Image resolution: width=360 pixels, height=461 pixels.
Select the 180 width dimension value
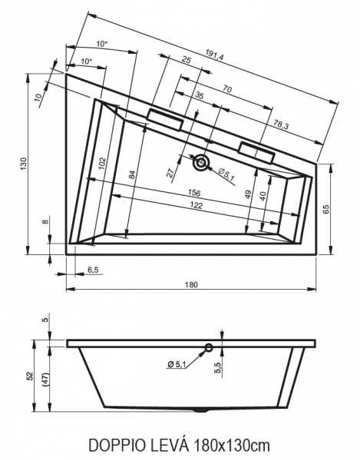click(x=191, y=284)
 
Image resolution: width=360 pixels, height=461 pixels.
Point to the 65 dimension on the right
click(x=326, y=209)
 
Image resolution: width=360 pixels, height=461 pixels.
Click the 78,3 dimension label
click(x=281, y=125)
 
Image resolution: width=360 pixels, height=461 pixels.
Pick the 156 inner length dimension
click(x=194, y=193)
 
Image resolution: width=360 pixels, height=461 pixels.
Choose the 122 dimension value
click(x=197, y=205)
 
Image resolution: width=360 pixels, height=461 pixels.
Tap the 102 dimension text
click(x=102, y=164)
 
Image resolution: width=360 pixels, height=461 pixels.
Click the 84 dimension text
click(x=133, y=174)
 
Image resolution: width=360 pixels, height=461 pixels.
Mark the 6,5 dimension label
click(x=93, y=270)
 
